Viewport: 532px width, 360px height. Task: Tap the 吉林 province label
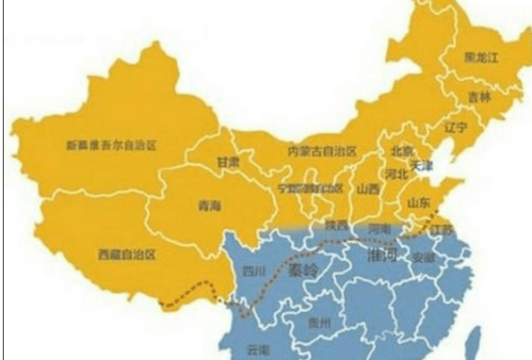tap(479, 97)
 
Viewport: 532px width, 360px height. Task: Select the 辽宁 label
tap(456, 126)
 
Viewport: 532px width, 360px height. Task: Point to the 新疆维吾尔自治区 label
tap(110, 145)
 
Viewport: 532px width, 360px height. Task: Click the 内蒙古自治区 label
tap(322, 151)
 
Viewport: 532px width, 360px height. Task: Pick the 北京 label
tap(401, 151)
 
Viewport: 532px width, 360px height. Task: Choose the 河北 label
tap(396, 174)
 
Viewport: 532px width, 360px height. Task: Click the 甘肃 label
tap(227, 162)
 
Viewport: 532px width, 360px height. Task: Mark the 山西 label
tap(367, 188)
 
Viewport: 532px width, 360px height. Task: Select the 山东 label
tap(418, 203)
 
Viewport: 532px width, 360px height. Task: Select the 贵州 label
tap(320, 322)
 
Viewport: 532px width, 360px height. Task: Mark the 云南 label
tap(257, 349)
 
